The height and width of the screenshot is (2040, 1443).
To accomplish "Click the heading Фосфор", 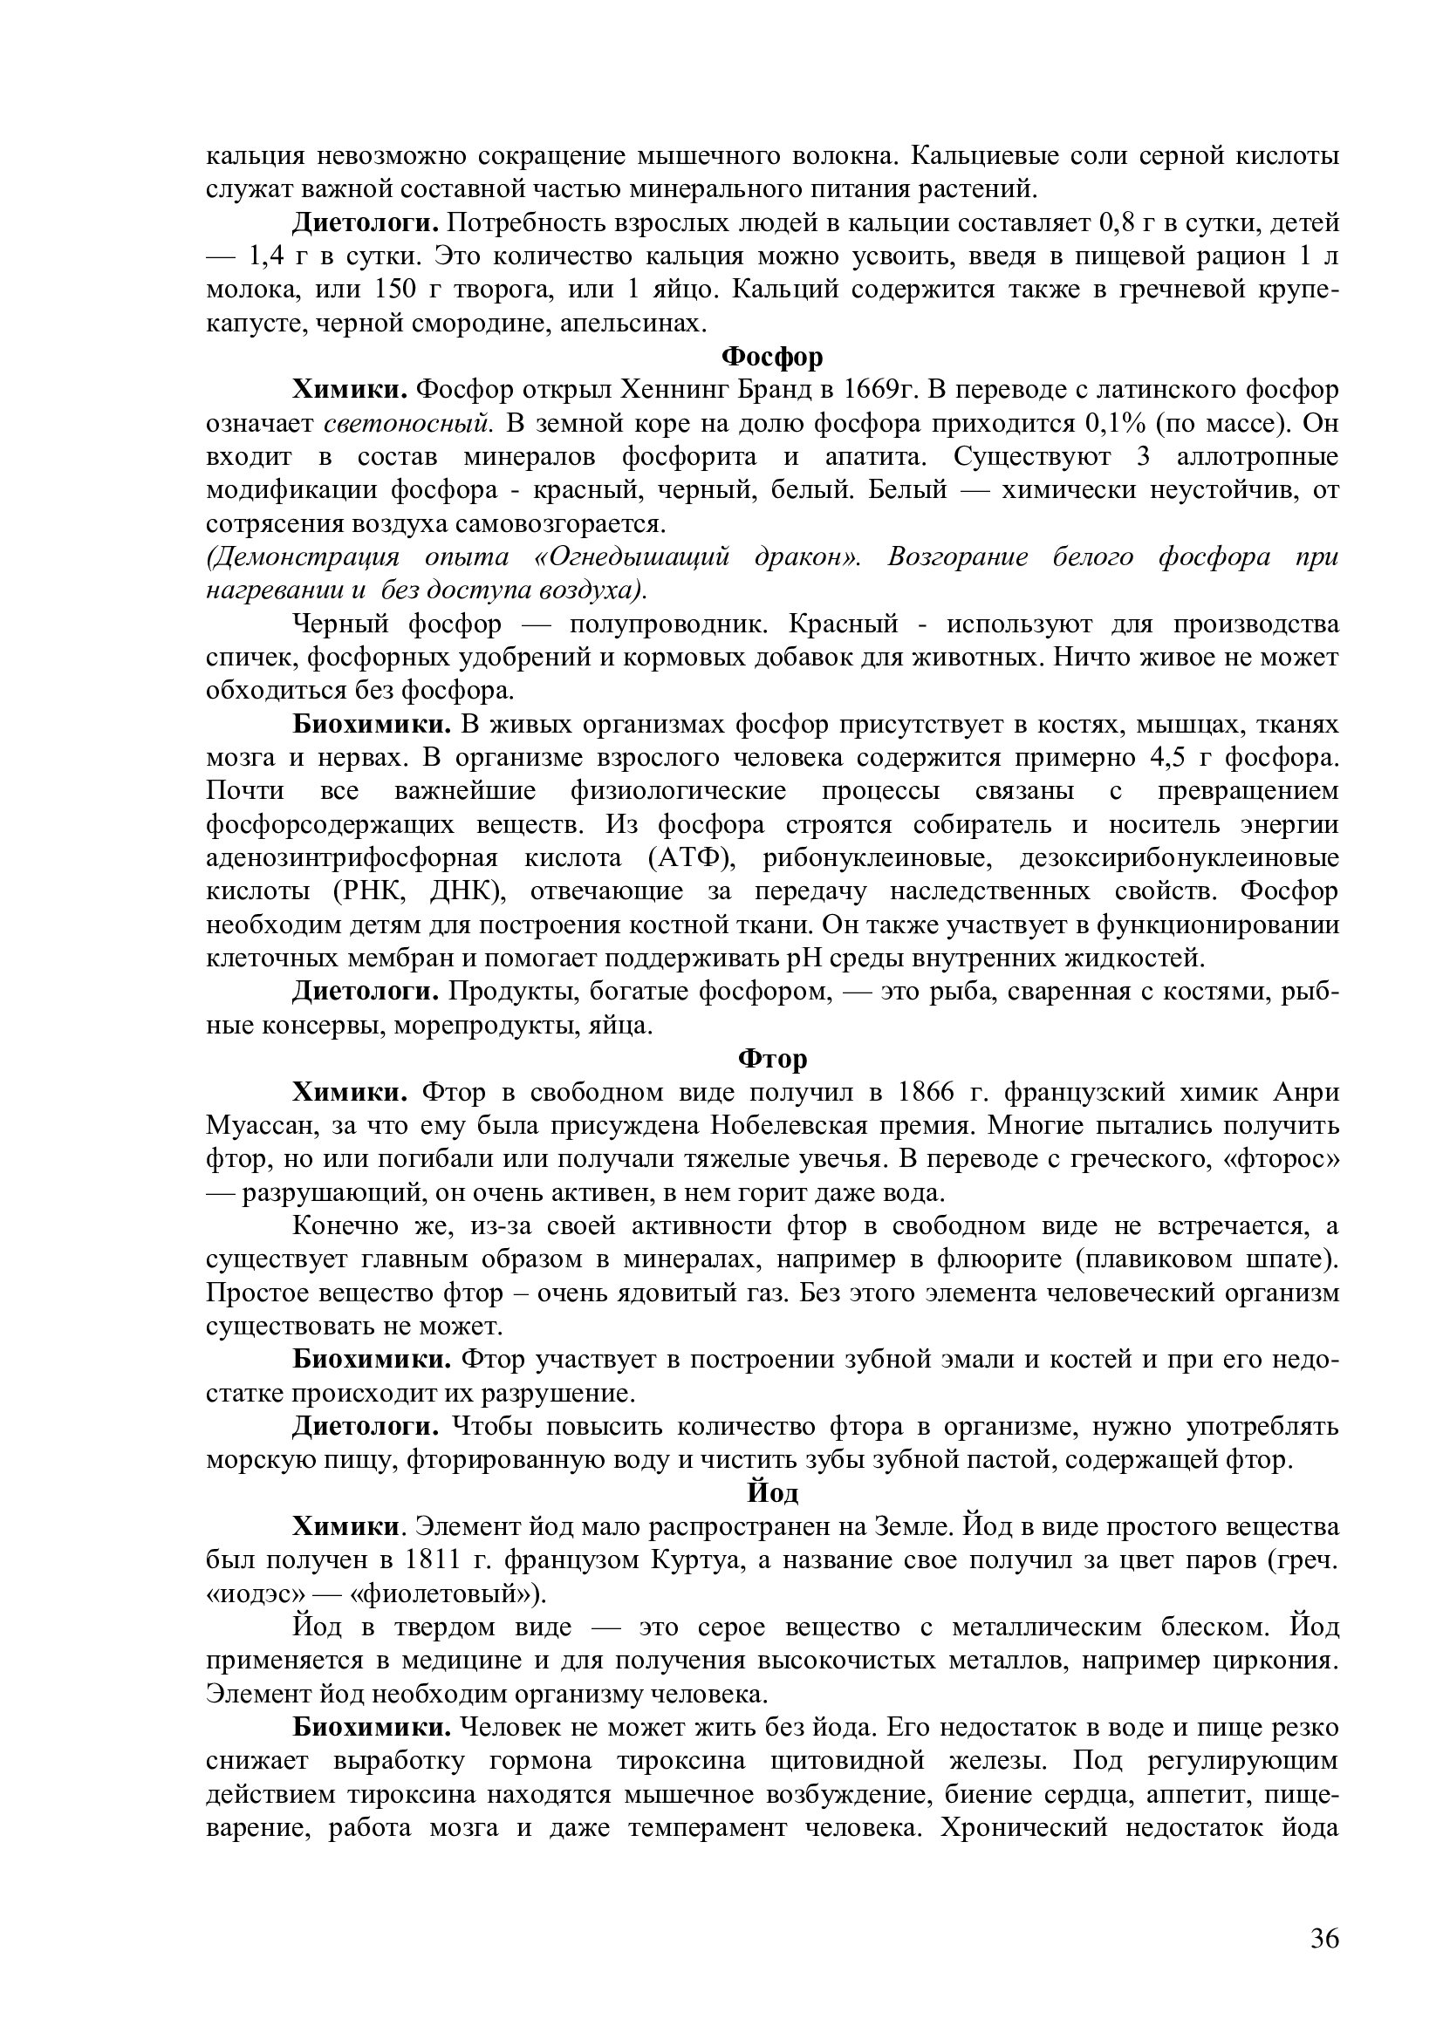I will (771, 357).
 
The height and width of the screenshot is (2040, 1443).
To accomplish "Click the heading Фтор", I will (771, 1059).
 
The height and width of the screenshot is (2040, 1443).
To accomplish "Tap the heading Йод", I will (771, 1493).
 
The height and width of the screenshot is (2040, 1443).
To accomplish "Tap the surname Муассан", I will (260, 1127).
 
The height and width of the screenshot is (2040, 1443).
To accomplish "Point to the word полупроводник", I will (668, 624).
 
